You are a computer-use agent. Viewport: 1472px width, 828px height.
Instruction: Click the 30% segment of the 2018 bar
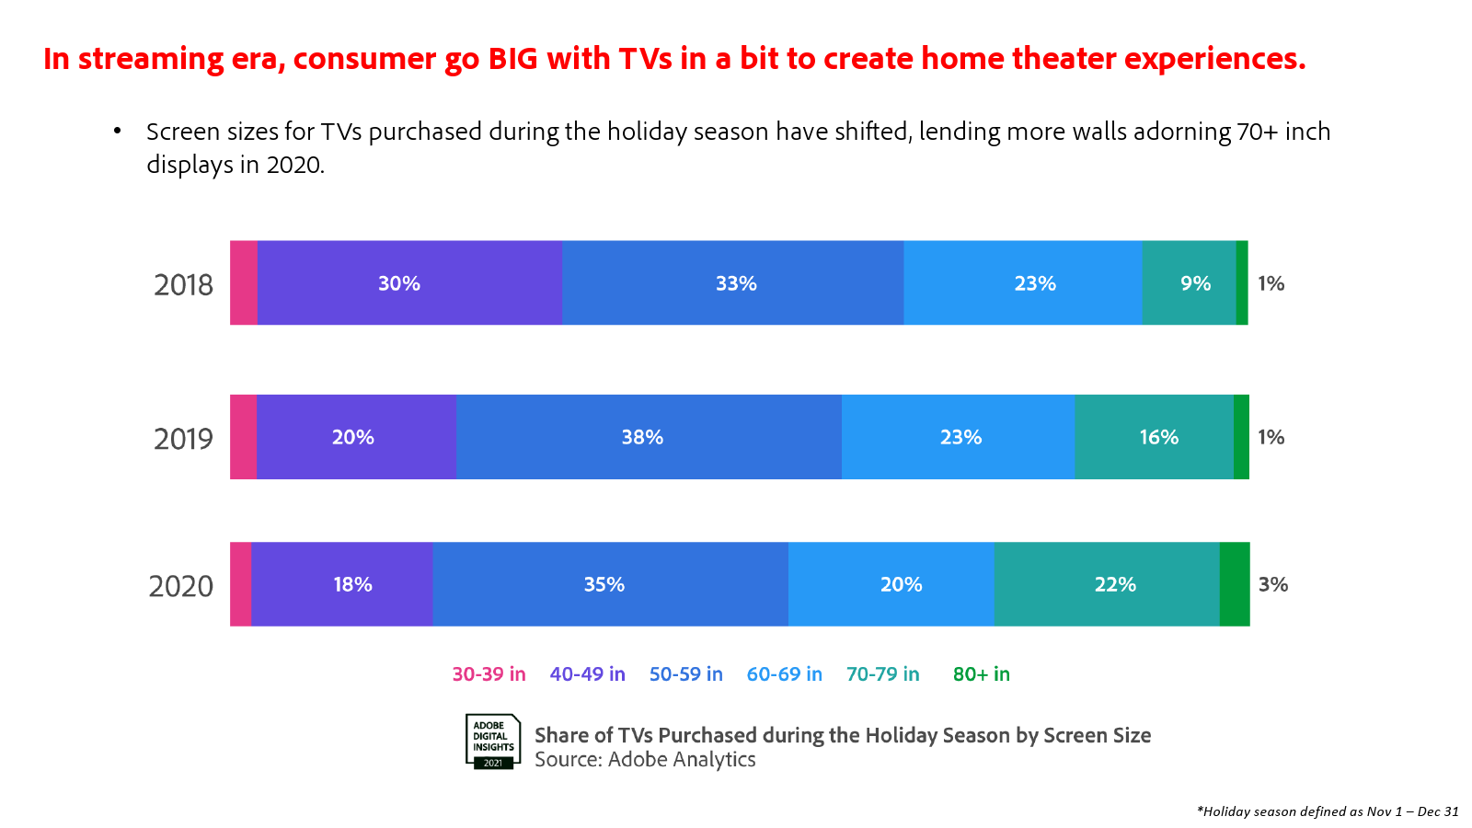tap(409, 282)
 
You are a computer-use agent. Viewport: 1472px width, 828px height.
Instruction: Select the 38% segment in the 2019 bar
tap(649, 437)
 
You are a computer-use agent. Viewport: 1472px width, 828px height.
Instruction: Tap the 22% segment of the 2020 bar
tap(1107, 584)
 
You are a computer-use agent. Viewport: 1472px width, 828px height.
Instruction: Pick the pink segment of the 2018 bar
tap(244, 282)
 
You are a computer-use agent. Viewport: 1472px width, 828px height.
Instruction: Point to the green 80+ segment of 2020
tap(1235, 584)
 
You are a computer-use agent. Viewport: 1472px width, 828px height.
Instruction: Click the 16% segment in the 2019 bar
tap(1155, 437)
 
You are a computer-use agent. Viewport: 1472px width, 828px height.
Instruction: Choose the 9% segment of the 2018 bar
tap(1189, 282)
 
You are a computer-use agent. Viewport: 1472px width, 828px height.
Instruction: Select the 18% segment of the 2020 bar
tap(341, 584)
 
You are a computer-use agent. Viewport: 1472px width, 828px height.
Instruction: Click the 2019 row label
tap(183, 439)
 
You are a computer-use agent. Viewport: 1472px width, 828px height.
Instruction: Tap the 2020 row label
tap(180, 586)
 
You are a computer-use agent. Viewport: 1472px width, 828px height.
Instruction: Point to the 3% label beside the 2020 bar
tap(1273, 584)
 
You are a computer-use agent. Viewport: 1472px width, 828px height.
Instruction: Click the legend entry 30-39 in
tap(489, 674)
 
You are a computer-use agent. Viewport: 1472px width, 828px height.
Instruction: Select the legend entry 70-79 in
tap(882, 674)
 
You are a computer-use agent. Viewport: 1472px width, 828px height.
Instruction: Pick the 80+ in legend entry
tap(981, 674)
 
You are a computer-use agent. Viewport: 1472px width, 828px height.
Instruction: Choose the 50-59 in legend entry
tap(686, 674)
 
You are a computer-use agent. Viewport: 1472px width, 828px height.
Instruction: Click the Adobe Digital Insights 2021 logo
tap(493, 742)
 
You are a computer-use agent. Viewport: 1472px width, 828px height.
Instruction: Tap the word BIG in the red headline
tap(512, 59)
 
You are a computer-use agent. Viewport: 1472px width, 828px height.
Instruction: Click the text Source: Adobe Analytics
tap(645, 760)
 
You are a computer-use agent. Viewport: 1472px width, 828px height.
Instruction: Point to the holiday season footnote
tap(1328, 811)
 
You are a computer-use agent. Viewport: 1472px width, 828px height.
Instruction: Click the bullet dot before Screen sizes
tap(118, 131)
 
